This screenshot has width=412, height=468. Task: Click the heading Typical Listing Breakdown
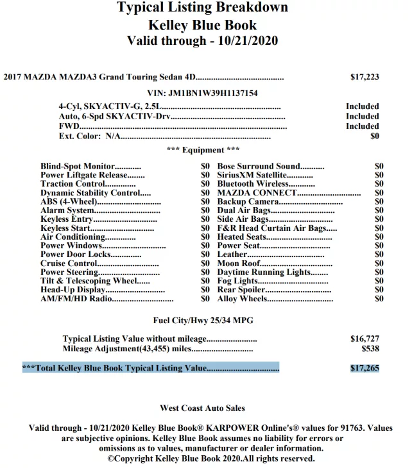(x=202, y=8)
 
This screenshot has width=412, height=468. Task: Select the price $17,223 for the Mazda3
(x=365, y=77)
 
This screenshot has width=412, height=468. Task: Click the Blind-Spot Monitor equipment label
(x=78, y=166)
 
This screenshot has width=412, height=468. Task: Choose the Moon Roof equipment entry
(x=238, y=263)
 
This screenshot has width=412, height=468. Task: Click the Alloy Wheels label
(x=243, y=299)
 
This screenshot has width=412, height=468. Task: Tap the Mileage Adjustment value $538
(x=370, y=349)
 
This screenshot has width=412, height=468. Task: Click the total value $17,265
(x=365, y=369)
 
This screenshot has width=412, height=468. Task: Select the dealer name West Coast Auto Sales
(x=202, y=408)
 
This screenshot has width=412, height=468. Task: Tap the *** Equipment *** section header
(x=202, y=150)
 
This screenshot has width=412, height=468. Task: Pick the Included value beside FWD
(x=362, y=126)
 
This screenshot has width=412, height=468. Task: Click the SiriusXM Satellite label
(x=252, y=175)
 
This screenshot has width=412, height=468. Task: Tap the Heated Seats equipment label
(x=242, y=237)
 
